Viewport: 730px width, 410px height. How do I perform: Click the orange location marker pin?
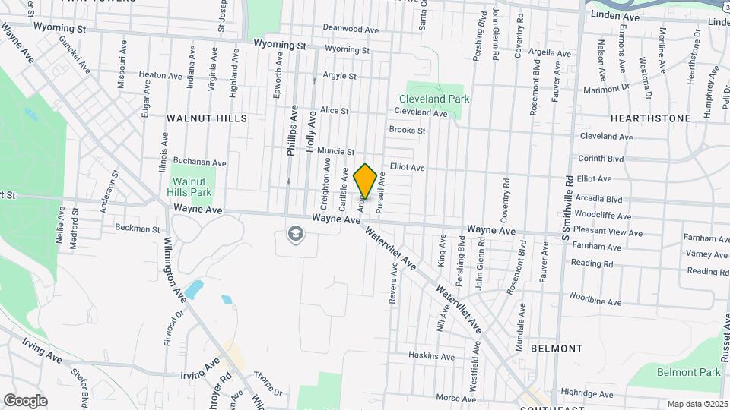click(365, 181)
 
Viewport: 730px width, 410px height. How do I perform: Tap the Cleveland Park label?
click(434, 99)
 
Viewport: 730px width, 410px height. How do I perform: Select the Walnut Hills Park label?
click(190, 187)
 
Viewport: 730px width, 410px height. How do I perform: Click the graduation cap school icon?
click(294, 233)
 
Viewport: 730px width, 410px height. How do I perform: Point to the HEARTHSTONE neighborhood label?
click(651, 118)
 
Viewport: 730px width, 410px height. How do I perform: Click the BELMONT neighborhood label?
click(557, 348)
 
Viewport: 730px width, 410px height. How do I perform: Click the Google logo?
click(25, 400)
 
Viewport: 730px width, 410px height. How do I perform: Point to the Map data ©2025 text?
click(697, 404)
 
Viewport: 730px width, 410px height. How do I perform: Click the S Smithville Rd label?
click(568, 206)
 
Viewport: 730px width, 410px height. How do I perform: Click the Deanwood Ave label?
click(351, 29)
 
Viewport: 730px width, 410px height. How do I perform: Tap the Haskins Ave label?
click(431, 356)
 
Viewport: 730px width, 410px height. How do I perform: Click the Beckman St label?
click(138, 228)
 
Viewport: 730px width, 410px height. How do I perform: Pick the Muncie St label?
click(336, 151)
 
